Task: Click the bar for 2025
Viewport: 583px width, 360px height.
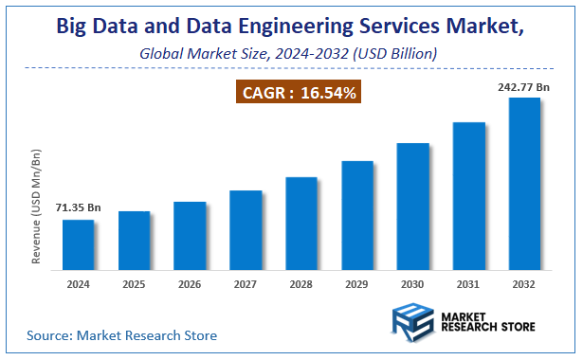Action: pyautogui.click(x=134, y=242)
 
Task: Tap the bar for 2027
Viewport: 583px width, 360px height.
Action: pyautogui.click(x=246, y=231)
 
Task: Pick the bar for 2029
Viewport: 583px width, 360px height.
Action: pyautogui.click(x=356, y=217)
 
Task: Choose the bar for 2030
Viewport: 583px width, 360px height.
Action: pyautogui.click(x=412, y=207)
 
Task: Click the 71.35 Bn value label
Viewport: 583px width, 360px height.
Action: pyautogui.click(x=78, y=207)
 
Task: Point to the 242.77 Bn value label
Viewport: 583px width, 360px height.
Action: pyautogui.click(x=522, y=86)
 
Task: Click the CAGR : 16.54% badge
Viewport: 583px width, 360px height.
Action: pyautogui.click(x=298, y=93)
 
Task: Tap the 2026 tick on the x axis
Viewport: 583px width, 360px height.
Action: pyautogui.click(x=190, y=283)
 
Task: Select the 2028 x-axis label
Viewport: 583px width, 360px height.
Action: pyautogui.click(x=301, y=283)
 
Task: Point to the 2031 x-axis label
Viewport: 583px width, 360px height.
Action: pyautogui.click(x=468, y=283)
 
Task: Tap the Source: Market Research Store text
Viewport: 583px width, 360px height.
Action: pyautogui.click(x=121, y=335)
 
